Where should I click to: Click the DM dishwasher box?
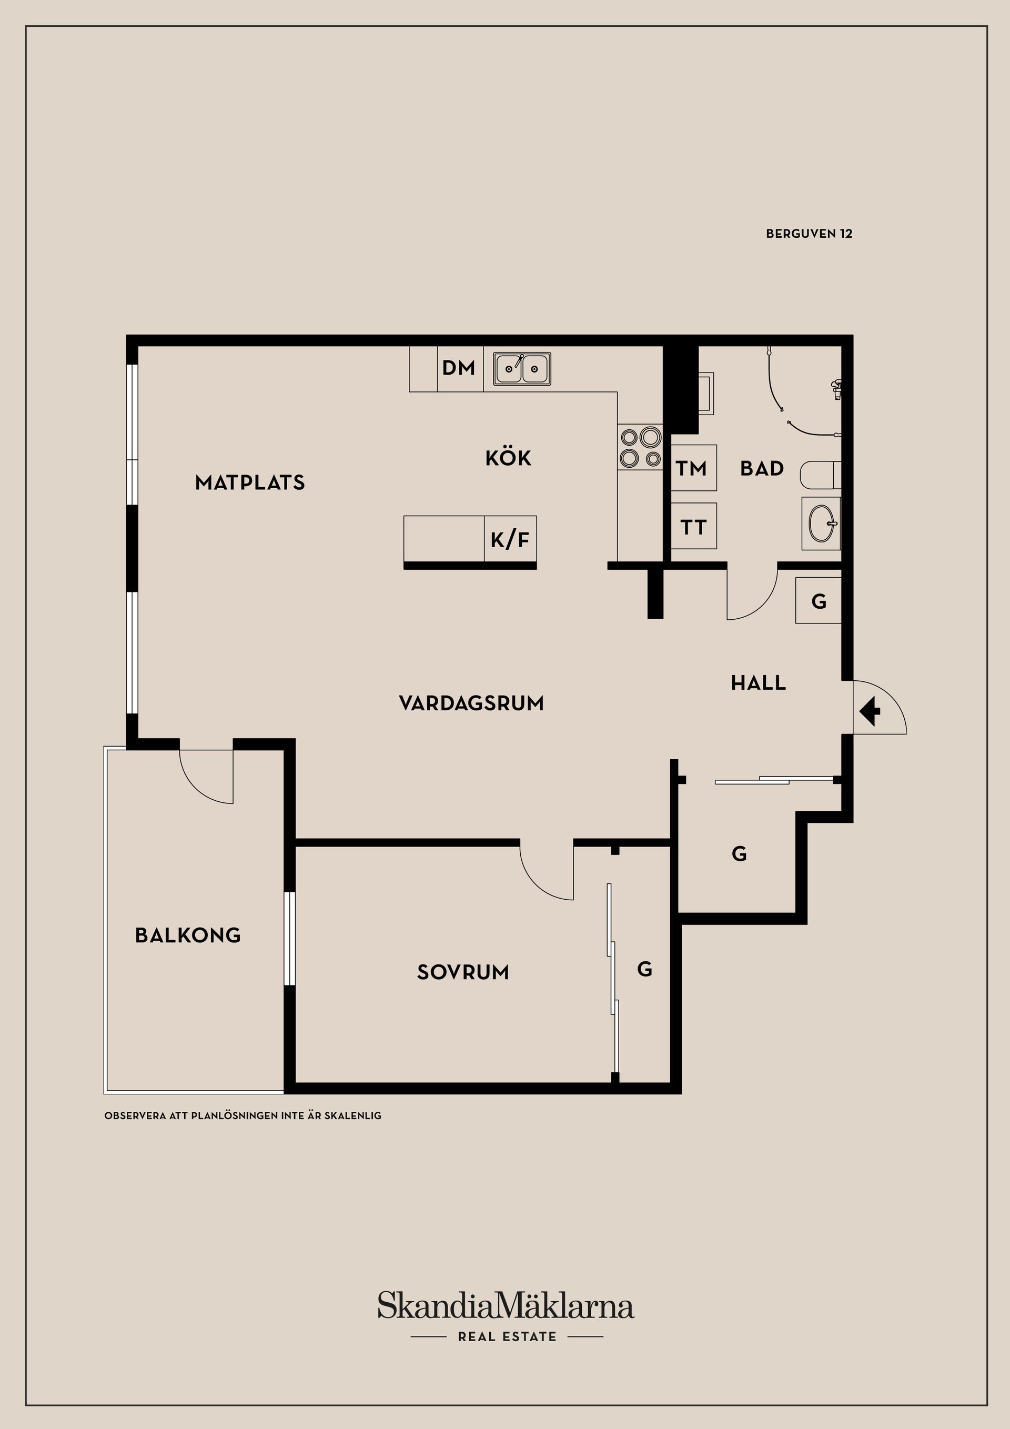459,368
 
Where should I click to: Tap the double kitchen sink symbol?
522,368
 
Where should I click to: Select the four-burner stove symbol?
640,447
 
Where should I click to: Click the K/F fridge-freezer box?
510,539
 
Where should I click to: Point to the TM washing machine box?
693,468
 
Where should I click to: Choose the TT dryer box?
693,527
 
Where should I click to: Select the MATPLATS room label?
250,483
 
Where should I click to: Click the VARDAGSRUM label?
471,704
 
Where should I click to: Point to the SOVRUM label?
463,972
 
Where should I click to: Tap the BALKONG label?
188,935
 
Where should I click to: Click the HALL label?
758,683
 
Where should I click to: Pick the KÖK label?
508,459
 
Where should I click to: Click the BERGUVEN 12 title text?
809,234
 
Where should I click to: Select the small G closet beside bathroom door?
819,601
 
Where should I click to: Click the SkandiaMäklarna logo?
506,1306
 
